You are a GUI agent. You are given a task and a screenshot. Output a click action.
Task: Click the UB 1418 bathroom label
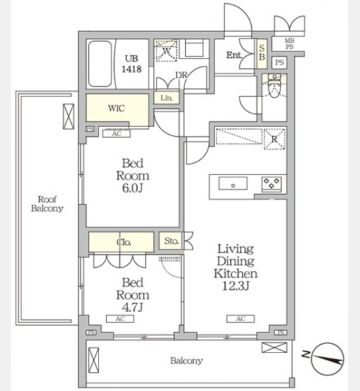[x=132, y=64]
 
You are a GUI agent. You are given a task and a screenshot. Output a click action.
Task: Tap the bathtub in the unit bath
[x=100, y=64]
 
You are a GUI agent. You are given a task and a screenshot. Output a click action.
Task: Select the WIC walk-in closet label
[x=116, y=108]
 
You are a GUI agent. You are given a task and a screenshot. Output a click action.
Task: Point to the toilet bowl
[x=275, y=87]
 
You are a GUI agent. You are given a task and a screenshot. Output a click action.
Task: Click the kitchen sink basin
[x=233, y=184]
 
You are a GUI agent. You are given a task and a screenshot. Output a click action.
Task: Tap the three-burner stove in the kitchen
[x=272, y=184]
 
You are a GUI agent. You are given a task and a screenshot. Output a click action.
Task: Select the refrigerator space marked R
[x=275, y=139]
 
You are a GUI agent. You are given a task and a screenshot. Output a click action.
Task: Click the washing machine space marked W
[x=166, y=51]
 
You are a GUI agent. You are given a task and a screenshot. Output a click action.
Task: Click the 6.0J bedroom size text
[x=132, y=188]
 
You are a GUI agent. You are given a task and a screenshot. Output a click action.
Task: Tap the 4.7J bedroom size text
[x=132, y=307]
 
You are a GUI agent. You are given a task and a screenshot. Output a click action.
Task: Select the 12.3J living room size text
[x=235, y=286]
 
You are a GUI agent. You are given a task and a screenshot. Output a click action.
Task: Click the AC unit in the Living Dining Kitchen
[x=241, y=319]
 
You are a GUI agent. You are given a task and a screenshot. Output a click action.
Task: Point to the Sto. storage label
[x=172, y=241]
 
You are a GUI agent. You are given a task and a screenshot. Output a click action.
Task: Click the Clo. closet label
[x=124, y=242]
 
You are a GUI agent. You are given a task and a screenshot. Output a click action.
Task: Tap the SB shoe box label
[x=262, y=53]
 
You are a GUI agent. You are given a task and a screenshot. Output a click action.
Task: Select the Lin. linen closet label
[x=166, y=98]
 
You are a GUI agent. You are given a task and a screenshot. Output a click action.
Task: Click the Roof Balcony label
[x=47, y=204]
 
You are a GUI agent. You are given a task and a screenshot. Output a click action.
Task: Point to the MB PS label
[x=290, y=44]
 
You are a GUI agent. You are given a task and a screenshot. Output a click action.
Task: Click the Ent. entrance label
[x=233, y=55]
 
